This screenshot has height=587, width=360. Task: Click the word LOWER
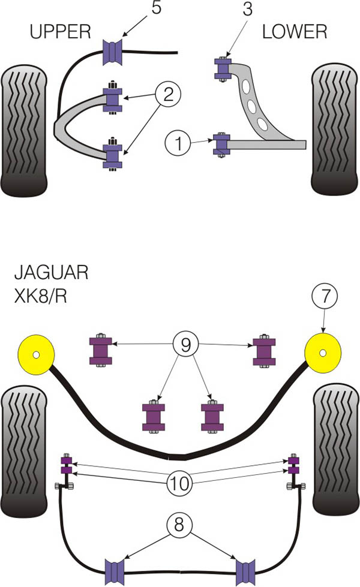pos(295,31)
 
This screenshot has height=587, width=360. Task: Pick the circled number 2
pos(169,94)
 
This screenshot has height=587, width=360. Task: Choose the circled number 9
pos(185,345)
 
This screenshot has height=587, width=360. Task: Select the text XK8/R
pos(40,297)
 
